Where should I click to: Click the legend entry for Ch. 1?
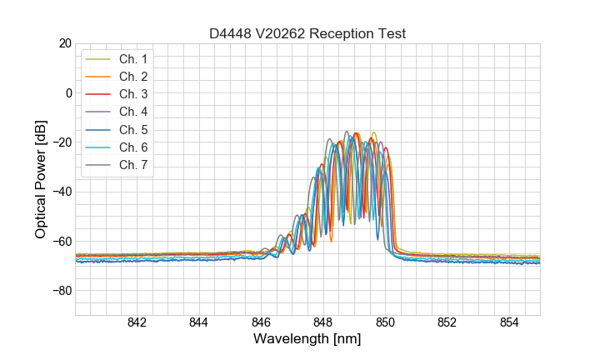click(132, 59)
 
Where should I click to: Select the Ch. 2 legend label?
click(132, 77)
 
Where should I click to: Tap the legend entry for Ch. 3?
click(132, 94)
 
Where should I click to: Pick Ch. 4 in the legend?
click(132, 112)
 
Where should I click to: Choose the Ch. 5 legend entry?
click(132, 129)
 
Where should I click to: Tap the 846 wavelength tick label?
click(261, 323)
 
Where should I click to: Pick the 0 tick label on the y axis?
click(69, 92)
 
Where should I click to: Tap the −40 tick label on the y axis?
click(61, 192)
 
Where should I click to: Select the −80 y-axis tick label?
click(61, 291)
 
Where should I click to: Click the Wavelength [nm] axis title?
click(307, 339)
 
